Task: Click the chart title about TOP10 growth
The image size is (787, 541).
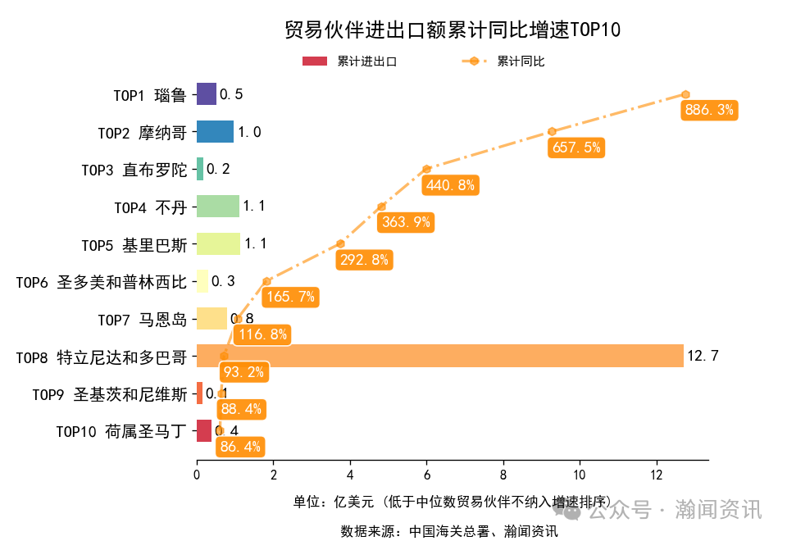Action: (x=452, y=30)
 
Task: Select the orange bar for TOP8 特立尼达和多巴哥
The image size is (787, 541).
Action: (x=439, y=356)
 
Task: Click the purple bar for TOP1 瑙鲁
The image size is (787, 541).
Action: (x=207, y=94)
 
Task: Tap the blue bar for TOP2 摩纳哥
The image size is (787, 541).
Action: (x=215, y=132)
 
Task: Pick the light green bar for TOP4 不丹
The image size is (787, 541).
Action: (x=217, y=207)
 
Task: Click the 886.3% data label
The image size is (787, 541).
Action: (x=709, y=110)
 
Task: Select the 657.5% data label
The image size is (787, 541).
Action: (x=576, y=148)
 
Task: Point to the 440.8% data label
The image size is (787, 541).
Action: (x=450, y=185)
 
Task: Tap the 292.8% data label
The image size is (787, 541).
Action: (x=364, y=260)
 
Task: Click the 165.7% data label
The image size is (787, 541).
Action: (x=290, y=297)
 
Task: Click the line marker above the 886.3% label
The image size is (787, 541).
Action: (x=685, y=94)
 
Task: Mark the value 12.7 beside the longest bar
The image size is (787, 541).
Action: (x=703, y=356)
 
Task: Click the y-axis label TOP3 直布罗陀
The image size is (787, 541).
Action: (x=134, y=170)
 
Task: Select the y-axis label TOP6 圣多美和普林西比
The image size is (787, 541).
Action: (x=101, y=282)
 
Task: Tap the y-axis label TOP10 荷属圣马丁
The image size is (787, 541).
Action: (x=121, y=431)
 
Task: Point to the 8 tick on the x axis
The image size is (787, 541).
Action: (x=503, y=474)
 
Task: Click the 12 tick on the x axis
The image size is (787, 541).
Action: (x=657, y=474)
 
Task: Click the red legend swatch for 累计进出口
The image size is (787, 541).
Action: (x=315, y=61)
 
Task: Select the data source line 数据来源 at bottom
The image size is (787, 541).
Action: (x=449, y=531)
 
